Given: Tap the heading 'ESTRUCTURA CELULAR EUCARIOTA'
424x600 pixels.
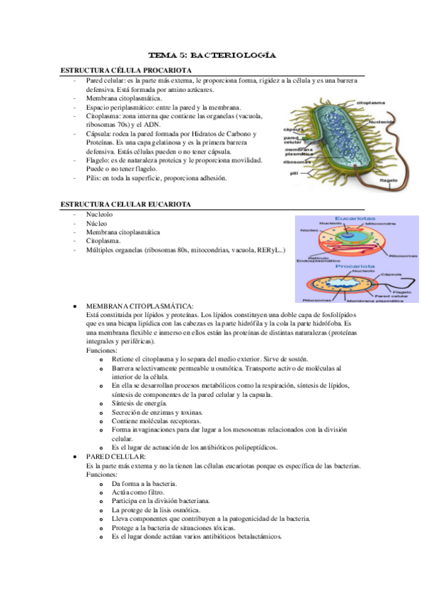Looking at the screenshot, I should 125,204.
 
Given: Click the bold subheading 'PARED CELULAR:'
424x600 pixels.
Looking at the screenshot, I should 116,457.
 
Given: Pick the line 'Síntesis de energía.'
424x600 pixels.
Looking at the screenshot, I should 139,403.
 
